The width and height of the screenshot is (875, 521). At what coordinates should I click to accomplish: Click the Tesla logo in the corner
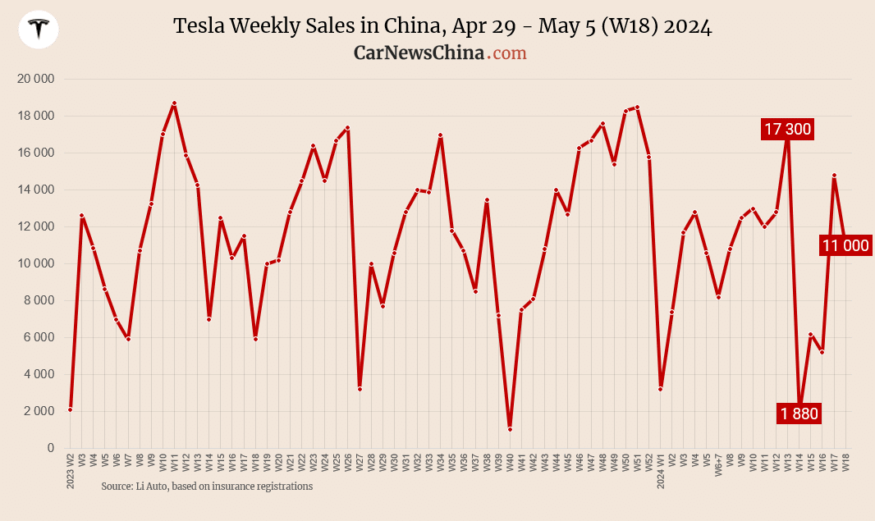click(39, 30)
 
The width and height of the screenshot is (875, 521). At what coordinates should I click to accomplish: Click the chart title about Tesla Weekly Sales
click(442, 26)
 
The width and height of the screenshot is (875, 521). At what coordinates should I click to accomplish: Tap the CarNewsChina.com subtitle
click(440, 53)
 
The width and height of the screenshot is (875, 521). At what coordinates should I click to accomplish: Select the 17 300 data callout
click(787, 129)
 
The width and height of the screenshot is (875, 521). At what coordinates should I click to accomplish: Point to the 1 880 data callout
click(799, 414)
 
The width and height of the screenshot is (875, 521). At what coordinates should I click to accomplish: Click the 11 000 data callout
click(845, 245)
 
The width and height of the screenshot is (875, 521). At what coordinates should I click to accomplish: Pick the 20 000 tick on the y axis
click(35, 79)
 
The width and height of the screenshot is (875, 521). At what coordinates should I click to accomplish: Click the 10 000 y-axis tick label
click(35, 263)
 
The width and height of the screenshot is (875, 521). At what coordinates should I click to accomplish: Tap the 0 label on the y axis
click(50, 448)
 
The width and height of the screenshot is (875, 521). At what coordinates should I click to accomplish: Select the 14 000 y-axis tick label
click(35, 190)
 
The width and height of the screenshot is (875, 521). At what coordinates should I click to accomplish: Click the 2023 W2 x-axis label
click(71, 471)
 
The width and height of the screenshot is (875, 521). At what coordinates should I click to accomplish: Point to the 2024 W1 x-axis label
click(660, 471)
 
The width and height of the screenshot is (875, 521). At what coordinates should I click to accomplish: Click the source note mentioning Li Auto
click(207, 486)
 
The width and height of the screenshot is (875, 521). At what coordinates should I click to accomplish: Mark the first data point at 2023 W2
click(71, 409)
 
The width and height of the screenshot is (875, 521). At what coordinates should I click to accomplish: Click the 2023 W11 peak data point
click(174, 103)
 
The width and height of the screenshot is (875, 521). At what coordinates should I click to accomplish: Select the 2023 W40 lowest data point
click(510, 429)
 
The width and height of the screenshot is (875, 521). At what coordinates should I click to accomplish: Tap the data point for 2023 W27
click(360, 389)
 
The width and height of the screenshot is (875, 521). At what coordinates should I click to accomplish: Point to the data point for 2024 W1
click(660, 389)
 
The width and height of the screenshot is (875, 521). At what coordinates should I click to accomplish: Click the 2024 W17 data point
click(834, 175)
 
